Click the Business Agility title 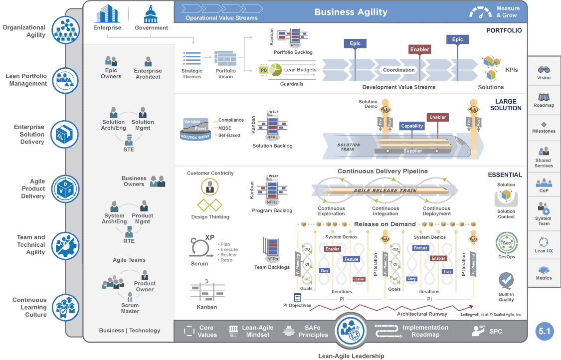[x=351, y=12]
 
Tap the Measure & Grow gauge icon [x=480, y=12]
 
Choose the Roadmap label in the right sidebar [x=544, y=106]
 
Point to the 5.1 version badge [x=545, y=331]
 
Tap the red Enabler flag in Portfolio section [x=420, y=49]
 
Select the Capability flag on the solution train [x=412, y=126]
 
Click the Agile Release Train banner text [x=385, y=190]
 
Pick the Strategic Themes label [x=192, y=74]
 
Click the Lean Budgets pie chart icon [x=276, y=70]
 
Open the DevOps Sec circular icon [x=506, y=243]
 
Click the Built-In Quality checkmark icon [x=506, y=281]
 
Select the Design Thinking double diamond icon [x=210, y=205]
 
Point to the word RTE [x=129, y=241]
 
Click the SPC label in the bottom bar [x=496, y=331]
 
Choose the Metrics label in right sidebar [x=544, y=278]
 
